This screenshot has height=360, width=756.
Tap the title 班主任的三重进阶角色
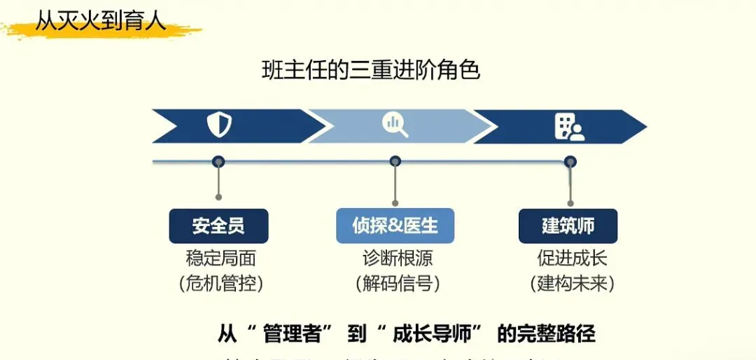pos(370,71)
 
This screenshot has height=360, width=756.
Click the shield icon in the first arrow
pos(219,125)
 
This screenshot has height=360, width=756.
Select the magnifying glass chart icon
pos(395,125)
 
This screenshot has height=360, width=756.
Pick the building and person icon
pos(569,126)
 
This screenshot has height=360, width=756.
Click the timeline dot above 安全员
pos(218,162)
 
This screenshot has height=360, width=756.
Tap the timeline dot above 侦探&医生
pos(395,162)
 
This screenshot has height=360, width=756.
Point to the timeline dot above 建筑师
pos(570,162)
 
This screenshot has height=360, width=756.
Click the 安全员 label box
pos(218,226)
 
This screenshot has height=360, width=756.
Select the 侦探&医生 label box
pos(395,226)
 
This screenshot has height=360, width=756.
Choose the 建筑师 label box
pos(568,226)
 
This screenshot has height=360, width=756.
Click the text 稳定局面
pos(220,258)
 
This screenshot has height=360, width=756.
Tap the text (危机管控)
pos(220,283)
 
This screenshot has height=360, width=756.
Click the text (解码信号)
pos(397,283)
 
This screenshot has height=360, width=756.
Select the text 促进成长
pos(572,258)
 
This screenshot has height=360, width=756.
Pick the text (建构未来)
pos(572,283)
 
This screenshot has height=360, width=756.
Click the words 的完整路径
pos(546,333)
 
